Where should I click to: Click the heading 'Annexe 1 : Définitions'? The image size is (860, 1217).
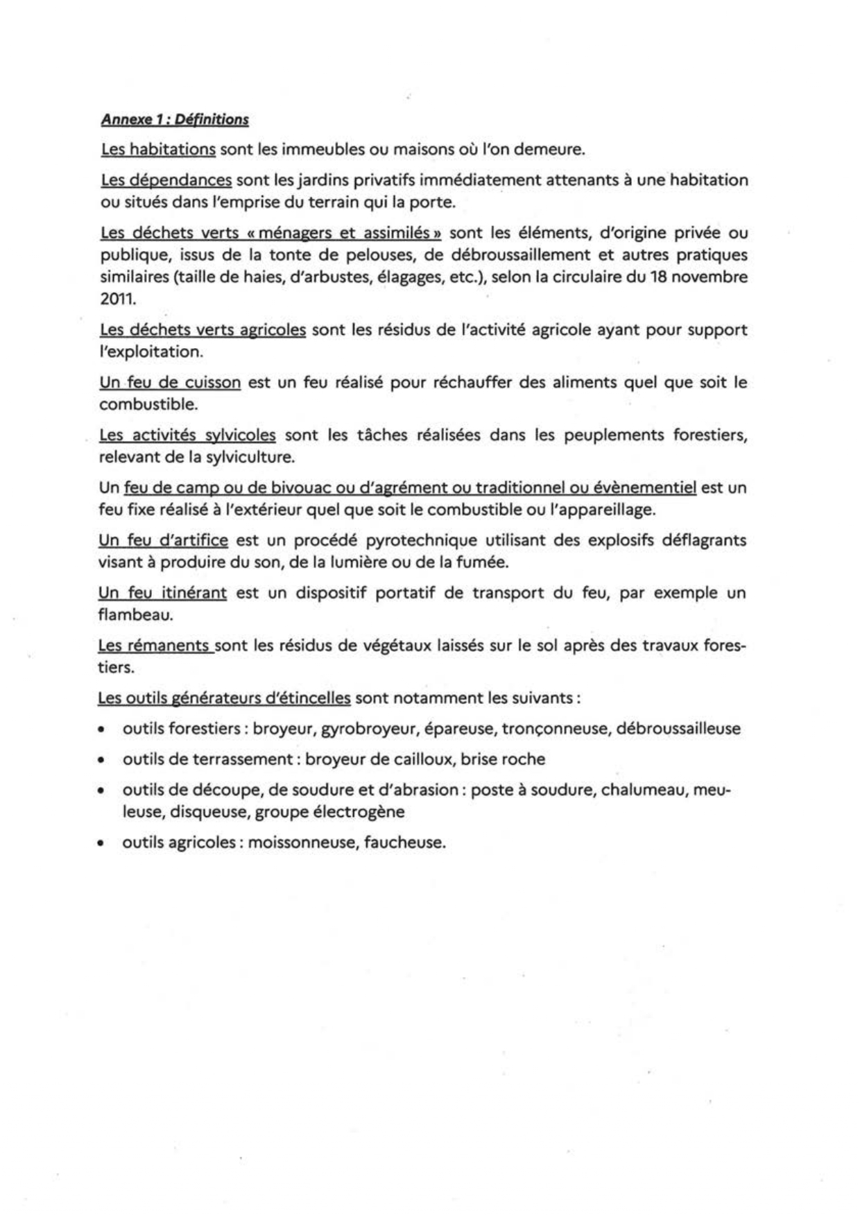point(175,119)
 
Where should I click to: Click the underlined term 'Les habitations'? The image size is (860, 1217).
point(158,149)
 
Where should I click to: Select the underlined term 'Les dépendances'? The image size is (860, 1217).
point(166,180)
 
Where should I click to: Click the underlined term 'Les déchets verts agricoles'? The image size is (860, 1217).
point(203,330)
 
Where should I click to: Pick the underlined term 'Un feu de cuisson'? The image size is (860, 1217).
point(170,383)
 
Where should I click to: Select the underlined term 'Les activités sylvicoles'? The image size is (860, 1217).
point(187,435)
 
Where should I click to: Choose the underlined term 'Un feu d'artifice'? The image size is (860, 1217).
point(163,540)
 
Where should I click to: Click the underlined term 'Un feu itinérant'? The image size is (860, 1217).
point(162,593)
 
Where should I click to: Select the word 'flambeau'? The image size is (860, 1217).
point(135,615)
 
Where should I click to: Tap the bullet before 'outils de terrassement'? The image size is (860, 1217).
point(102,760)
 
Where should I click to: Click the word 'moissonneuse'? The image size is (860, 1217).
point(301,843)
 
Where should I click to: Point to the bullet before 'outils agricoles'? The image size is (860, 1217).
point(102,844)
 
